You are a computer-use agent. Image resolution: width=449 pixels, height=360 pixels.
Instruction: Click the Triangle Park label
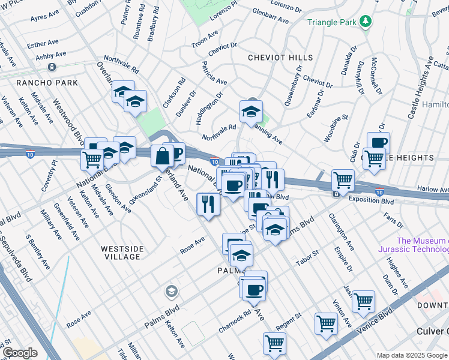pos(331,22)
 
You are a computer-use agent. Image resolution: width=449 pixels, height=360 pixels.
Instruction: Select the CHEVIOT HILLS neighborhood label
pos(280,58)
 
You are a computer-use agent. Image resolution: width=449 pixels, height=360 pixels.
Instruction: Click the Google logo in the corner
pos(20,353)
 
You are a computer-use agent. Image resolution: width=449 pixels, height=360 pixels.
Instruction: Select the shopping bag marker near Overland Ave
pos(162,156)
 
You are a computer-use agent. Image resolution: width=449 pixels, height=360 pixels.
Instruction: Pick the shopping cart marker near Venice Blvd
pos(363,301)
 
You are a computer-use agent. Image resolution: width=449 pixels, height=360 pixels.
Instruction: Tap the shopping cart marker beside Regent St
pos(326,323)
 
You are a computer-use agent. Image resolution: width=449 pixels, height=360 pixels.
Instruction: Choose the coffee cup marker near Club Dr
pos(378,143)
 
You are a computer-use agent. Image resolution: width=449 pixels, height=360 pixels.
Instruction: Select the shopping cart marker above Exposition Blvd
pos(343,179)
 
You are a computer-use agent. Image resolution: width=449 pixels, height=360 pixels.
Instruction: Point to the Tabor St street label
pos(307,259)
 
